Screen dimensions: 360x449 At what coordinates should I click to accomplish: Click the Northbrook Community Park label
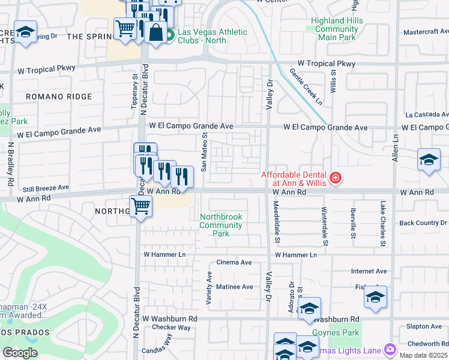(x=220, y=225)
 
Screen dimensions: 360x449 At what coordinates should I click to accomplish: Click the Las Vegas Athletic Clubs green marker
(x=170, y=35)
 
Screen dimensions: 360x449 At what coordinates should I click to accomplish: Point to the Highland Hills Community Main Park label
(x=336, y=29)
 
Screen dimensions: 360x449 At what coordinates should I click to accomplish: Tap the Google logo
(x=20, y=352)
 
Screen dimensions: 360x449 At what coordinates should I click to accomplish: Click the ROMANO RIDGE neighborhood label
(x=58, y=97)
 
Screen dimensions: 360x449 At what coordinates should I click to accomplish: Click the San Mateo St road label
(x=204, y=152)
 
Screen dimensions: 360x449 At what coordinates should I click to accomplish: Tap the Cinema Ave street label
(x=234, y=262)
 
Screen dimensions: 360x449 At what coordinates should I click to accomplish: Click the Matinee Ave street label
(x=234, y=287)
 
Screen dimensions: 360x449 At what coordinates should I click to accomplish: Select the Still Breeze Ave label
(x=46, y=188)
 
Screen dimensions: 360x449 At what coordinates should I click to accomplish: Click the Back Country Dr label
(x=423, y=223)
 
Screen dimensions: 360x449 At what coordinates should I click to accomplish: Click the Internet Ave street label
(x=369, y=271)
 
